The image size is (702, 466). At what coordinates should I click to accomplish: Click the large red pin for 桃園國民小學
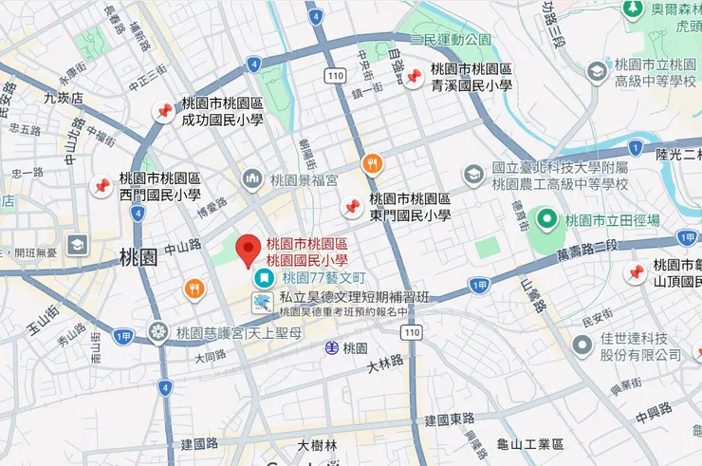pos(249,250)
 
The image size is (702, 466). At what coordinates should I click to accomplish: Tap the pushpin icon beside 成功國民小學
pos(164,112)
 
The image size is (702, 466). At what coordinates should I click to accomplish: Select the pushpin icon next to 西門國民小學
pos(101,187)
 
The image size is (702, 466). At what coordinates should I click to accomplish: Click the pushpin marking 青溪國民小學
pos(414,77)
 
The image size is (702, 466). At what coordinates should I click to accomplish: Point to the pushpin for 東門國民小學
pos(352,206)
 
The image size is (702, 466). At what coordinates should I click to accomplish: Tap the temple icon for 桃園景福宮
pos(252,178)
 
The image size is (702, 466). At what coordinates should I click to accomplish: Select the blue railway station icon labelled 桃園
pos(332,347)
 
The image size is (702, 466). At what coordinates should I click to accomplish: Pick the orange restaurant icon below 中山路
pos(194,289)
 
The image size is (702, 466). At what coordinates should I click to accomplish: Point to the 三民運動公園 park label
pos(451,40)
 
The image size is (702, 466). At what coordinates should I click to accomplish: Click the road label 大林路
pos(385,361)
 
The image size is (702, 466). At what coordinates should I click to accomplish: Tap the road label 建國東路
pos(449,419)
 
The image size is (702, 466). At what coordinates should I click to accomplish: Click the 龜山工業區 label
pos(530,444)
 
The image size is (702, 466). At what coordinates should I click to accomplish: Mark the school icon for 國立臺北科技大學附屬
pos(473,175)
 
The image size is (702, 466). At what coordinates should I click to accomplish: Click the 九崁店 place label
pos(64,97)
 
